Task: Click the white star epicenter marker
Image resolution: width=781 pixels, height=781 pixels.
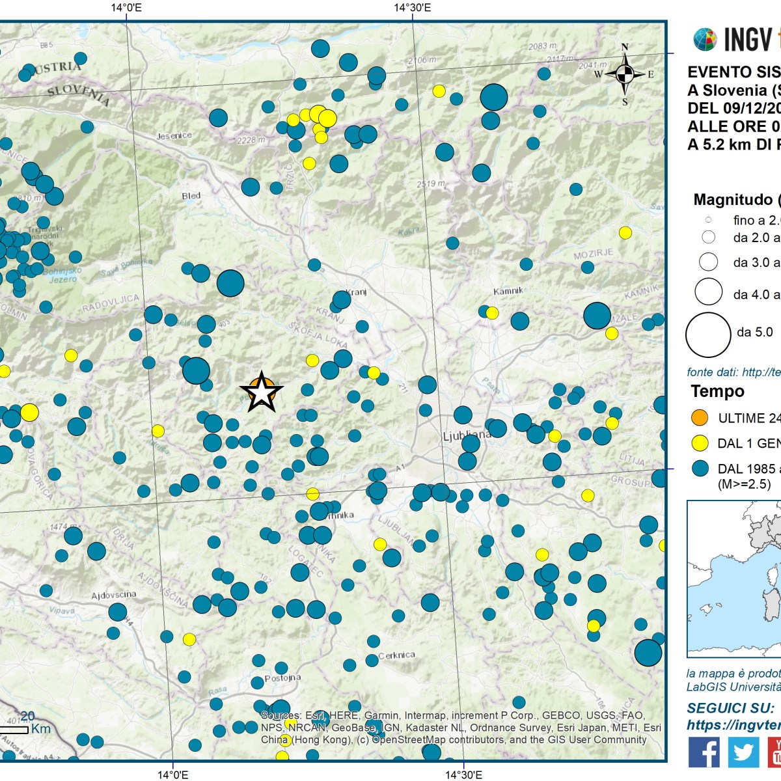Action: [x=262, y=392]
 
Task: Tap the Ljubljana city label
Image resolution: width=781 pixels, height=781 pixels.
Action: [x=467, y=435]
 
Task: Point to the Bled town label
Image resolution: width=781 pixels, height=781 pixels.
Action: [x=191, y=196]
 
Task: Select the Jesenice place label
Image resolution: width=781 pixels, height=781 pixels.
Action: [x=174, y=135]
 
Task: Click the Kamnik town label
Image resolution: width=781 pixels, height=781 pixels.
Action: [x=508, y=291]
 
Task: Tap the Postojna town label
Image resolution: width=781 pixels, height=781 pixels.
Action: [x=283, y=678]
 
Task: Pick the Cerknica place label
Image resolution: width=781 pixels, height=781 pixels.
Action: [x=396, y=655]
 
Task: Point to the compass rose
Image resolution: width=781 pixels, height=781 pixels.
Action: [x=625, y=74]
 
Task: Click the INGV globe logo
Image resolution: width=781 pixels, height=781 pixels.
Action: [x=705, y=40]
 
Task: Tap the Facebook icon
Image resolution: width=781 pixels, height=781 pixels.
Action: [x=704, y=752]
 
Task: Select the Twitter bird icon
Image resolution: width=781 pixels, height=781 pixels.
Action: [x=743, y=752]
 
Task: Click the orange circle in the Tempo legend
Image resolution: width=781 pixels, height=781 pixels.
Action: [x=700, y=418]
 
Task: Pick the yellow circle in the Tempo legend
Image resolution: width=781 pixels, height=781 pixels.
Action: [x=700, y=443]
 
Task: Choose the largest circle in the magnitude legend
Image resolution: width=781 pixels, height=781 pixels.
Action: [x=708, y=335]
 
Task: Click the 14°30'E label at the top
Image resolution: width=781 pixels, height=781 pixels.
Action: [x=412, y=8]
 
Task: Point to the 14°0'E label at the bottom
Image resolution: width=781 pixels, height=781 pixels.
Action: [x=172, y=774]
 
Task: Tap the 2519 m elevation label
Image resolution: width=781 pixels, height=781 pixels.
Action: [x=431, y=184]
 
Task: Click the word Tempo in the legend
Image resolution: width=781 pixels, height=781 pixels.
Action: [x=717, y=391]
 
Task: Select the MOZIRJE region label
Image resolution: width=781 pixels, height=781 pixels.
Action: [x=593, y=254]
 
